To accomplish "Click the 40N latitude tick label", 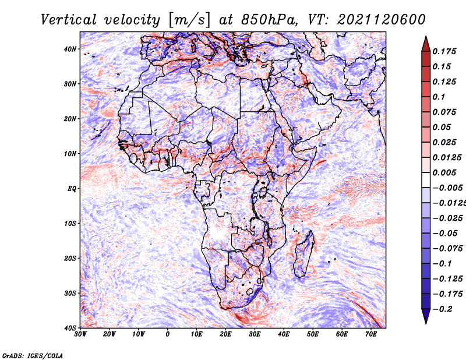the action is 70,49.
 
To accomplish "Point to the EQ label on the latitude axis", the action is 72,189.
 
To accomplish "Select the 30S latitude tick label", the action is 70,294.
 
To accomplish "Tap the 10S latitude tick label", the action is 70,224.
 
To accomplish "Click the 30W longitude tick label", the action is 80,334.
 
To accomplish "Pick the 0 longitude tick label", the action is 168,334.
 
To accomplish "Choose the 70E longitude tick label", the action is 371,334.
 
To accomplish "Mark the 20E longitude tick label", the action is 225,334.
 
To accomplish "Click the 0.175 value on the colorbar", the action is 444,52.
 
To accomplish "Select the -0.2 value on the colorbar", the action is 443,309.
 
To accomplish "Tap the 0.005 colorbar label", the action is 444,172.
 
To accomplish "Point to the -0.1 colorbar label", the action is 443,264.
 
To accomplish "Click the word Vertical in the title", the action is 69,20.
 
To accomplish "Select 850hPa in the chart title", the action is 269,20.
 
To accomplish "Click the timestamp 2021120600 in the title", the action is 382,20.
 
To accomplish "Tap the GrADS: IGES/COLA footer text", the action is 33,356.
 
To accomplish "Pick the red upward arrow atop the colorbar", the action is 426,44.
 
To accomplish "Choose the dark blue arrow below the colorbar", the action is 426,316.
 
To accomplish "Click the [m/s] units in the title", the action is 189,20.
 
